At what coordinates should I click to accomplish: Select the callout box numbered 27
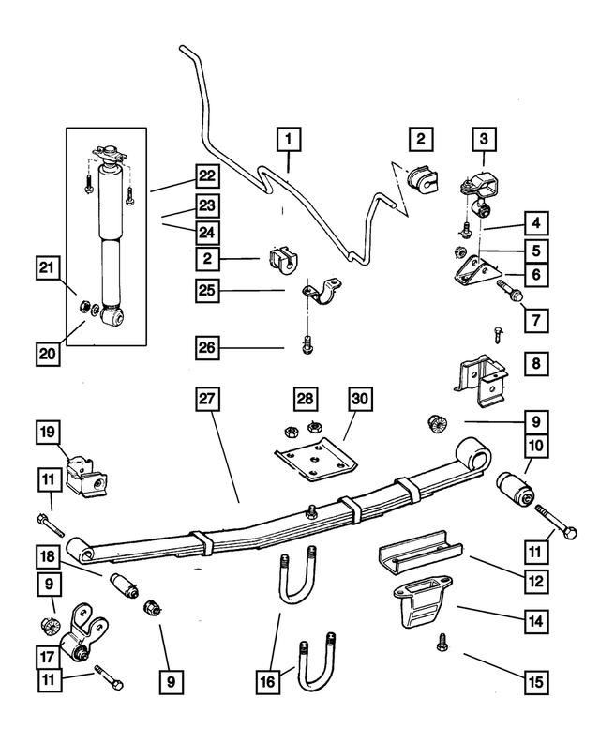[x=209, y=399]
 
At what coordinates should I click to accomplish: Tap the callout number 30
[x=360, y=399]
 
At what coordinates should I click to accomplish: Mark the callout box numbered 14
[x=535, y=620]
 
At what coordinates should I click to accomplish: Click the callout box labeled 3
[x=484, y=140]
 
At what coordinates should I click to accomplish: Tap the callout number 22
[x=209, y=174]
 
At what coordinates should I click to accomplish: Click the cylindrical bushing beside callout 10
[x=514, y=488]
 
